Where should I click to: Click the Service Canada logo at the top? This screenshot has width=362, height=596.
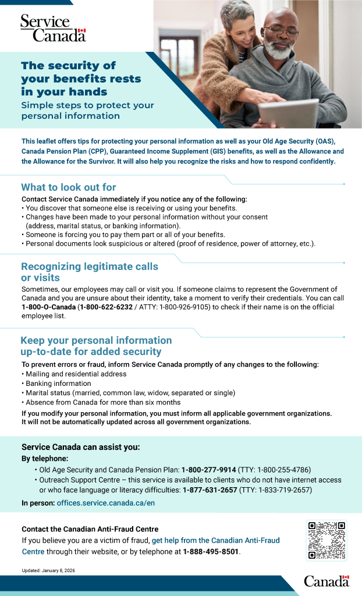[53, 28]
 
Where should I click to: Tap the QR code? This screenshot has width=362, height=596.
[326, 540]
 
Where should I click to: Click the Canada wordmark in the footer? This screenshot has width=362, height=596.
[326, 580]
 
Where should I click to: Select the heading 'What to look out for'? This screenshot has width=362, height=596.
[69, 187]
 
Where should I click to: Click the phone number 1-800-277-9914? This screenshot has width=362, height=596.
[208, 469]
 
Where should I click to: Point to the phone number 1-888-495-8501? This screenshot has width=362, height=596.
[211, 551]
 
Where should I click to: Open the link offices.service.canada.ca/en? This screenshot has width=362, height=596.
[105, 502]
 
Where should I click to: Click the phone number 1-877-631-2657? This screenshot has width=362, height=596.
[210, 490]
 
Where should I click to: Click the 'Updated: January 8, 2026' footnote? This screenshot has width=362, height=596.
[48, 571]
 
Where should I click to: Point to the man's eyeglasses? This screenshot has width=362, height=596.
[281, 31]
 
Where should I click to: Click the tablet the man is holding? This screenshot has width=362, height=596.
[289, 112]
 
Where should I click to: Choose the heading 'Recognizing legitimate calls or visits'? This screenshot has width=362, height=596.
[89, 272]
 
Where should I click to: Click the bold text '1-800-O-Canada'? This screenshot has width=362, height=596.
[49, 307]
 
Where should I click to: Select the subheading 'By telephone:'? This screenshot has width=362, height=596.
[45, 458]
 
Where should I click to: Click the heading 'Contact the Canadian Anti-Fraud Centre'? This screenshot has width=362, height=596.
[90, 529]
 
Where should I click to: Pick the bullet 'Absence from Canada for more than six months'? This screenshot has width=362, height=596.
[103, 402]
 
